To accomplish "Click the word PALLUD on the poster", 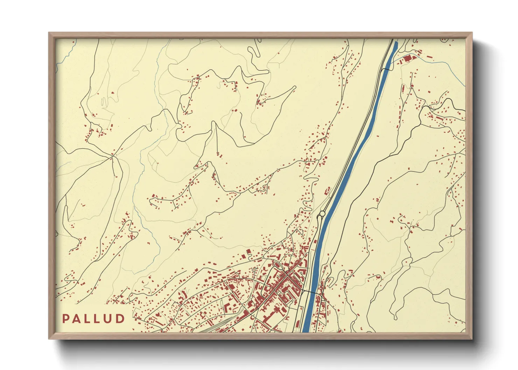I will pos(93,319).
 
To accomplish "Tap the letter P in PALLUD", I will pos(65,319).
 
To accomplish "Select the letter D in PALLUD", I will pos(120,319).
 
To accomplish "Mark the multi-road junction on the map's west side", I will pos(112,157).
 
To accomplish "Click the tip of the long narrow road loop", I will pos(295,87).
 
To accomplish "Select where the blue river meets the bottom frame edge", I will pos(306,331).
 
